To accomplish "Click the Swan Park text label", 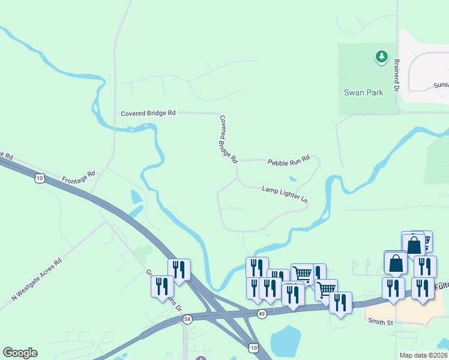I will coord(363,93).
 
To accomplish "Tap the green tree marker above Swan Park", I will coord(381,57).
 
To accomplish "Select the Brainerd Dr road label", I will coord(397,74).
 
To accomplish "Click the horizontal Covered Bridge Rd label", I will coord(148,113).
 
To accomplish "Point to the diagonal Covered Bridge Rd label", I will coord(229,140).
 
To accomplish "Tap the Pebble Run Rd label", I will coord(288,161).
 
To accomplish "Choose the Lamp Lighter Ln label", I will coord(285,193).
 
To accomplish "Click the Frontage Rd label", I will coord(79,178).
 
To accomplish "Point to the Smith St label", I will coord(381,322).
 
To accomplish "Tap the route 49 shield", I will coord(262,313).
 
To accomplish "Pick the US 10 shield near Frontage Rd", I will coord(40,178).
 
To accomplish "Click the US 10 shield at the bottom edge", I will coord(253,349).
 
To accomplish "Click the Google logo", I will coord(20,353).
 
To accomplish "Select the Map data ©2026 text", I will coord(423,355).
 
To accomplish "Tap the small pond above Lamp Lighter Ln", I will coord(292,178).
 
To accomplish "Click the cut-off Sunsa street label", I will coord(441,85).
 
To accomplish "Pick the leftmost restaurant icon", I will coord(161,286).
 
